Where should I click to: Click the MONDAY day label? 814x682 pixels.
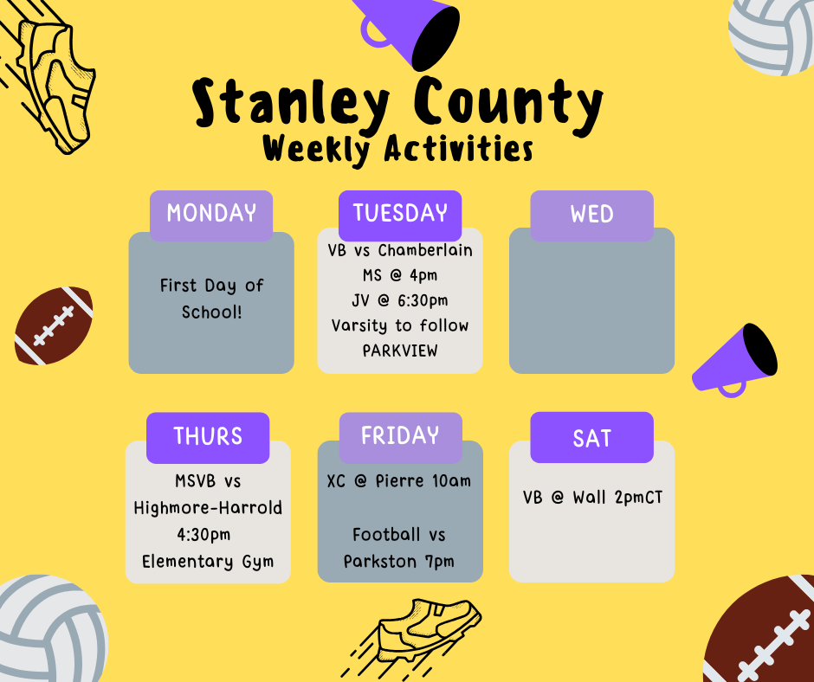(211, 213)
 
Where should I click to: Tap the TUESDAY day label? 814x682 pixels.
(400, 213)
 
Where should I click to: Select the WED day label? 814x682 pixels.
(591, 214)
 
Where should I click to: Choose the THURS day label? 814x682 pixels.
(208, 436)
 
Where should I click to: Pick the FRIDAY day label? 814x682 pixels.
(400, 435)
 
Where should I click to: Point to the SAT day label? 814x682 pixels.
(591, 438)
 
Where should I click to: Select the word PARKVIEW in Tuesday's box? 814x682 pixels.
(400, 351)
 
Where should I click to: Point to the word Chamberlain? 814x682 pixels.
(425, 250)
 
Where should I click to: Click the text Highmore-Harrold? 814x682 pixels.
(208, 508)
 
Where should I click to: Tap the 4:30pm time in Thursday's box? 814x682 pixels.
(203, 535)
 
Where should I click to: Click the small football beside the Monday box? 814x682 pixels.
(54, 325)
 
